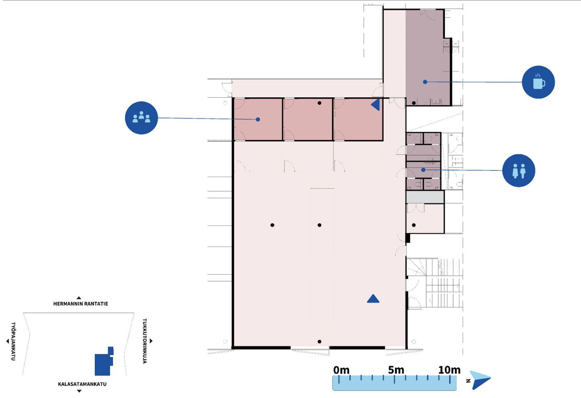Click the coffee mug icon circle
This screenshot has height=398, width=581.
coord(538,82)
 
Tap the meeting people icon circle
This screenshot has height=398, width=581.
coord(141,118)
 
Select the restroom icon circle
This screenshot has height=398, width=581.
coord(519,170)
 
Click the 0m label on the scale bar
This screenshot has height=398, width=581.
coord(341,370)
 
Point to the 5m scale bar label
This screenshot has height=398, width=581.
coord(396,370)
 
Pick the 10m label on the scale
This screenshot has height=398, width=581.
coord(449,370)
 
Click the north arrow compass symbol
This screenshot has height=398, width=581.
coord(481,380)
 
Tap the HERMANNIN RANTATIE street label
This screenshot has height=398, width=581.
coord(80,304)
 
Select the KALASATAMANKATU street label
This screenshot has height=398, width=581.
coord(82,384)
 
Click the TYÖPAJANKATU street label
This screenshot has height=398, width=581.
coord(13,341)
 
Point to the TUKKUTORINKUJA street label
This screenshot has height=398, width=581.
coord(145,341)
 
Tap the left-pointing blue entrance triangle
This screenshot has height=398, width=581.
coord(376,105)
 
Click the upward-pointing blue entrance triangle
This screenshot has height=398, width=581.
coord(373,299)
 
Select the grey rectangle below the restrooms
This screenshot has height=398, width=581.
coord(425,197)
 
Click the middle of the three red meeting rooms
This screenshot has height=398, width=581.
coord(308,119)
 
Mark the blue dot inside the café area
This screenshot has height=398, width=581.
coord(425,82)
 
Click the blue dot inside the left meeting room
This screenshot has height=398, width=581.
coord(258,119)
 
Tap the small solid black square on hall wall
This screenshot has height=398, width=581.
coord(408,238)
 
